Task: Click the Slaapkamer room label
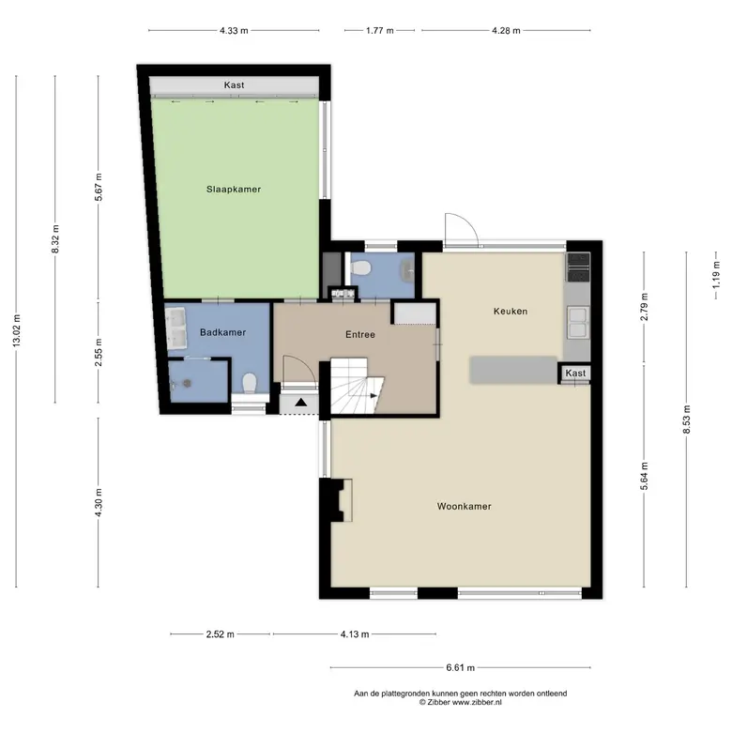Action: (234, 189)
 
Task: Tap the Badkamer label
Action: (222, 332)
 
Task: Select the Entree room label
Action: (360, 334)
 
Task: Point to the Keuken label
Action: (511, 311)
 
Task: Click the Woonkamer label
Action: (464, 506)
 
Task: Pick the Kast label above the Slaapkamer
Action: (234, 85)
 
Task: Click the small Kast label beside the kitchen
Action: (575, 373)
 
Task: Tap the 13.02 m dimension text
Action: (17, 330)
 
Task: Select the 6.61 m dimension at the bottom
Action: (460, 667)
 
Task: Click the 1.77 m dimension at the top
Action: (379, 30)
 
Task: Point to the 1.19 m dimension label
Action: (716, 274)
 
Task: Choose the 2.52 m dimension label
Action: (221, 634)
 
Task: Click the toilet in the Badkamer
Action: (250, 382)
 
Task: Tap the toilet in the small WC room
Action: (360, 268)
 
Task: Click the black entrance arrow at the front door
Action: (300, 402)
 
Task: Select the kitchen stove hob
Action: (577, 267)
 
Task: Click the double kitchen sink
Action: (577, 322)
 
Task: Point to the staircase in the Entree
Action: (357, 386)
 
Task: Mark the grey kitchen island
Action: (513, 370)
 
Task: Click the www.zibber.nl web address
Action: (477, 702)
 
